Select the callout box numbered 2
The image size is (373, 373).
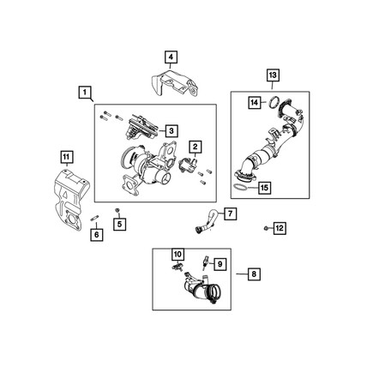pyautogui.click(x=196, y=147)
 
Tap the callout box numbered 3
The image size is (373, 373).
pyautogui.click(x=171, y=130)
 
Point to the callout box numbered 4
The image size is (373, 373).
pyautogui.click(x=171, y=57)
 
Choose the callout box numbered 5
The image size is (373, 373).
pyautogui.click(x=120, y=225)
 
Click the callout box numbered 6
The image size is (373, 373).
pyautogui.click(x=96, y=234)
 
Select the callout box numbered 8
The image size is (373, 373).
pyautogui.click(x=253, y=274)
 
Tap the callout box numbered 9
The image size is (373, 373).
pyautogui.click(x=219, y=264)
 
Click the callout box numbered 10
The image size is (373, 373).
pyautogui.click(x=177, y=254)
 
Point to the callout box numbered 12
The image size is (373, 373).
pyautogui.click(x=280, y=228)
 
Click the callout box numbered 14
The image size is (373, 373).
pyautogui.click(x=255, y=103)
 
